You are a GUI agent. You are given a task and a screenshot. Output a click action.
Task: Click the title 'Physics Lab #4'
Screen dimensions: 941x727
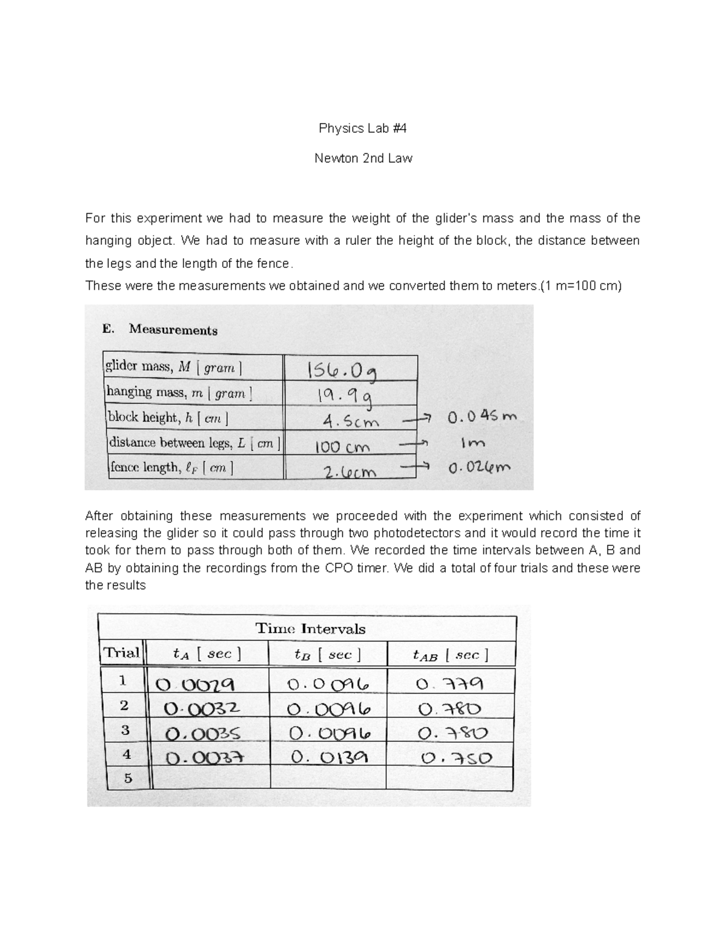click(363, 128)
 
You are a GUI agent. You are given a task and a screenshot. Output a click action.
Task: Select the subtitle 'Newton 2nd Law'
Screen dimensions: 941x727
click(363, 159)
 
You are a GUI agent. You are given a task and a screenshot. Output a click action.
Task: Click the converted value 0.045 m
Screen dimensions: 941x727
click(482, 417)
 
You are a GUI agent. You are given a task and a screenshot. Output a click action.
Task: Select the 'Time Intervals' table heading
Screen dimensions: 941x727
click(310, 628)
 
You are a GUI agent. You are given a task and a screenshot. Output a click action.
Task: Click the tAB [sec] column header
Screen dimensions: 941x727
click(450, 654)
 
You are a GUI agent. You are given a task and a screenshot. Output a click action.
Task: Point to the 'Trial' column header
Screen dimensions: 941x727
click(121, 653)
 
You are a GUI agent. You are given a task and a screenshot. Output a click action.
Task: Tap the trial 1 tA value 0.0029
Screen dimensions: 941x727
click(196, 684)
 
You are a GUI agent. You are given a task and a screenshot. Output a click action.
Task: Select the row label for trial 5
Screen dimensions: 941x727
click(127, 778)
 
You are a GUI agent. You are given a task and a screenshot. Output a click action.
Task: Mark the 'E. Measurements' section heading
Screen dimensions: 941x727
click(161, 330)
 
